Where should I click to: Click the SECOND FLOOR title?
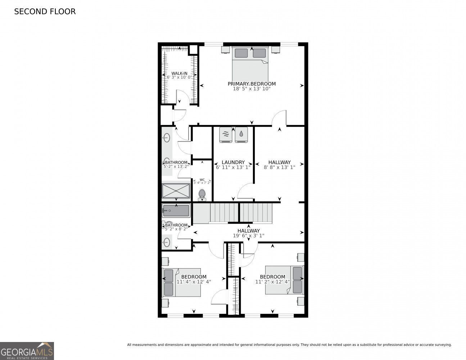pyautogui.click(x=45, y=12)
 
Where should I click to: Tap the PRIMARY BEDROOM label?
pyautogui.click(x=252, y=84)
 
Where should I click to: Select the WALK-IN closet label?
pyautogui.click(x=179, y=73)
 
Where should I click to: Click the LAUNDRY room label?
pyautogui.click(x=233, y=162)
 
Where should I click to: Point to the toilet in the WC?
pyautogui.click(x=202, y=194)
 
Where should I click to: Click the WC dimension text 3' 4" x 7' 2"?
pyautogui.click(x=202, y=183)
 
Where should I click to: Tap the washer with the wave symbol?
pyautogui.click(x=226, y=135)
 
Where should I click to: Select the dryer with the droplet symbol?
pyautogui.click(x=241, y=135)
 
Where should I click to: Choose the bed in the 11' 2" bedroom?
pyautogui.click(x=285, y=280)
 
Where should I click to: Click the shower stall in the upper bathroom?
pyautogui.click(x=176, y=191)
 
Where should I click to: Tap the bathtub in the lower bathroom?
pyautogui.click(x=176, y=211)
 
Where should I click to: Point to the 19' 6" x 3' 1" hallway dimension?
pyautogui.click(x=248, y=236)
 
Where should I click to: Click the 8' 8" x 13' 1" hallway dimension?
pyautogui.click(x=280, y=167)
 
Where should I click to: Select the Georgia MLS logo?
pyautogui.click(x=27, y=351)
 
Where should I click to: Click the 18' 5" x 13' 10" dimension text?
pyautogui.click(x=252, y=88)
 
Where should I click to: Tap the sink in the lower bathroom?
pyautogui.click(x=166, y=242)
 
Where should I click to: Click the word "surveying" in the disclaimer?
pyautogui.click(x=442, y=345)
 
